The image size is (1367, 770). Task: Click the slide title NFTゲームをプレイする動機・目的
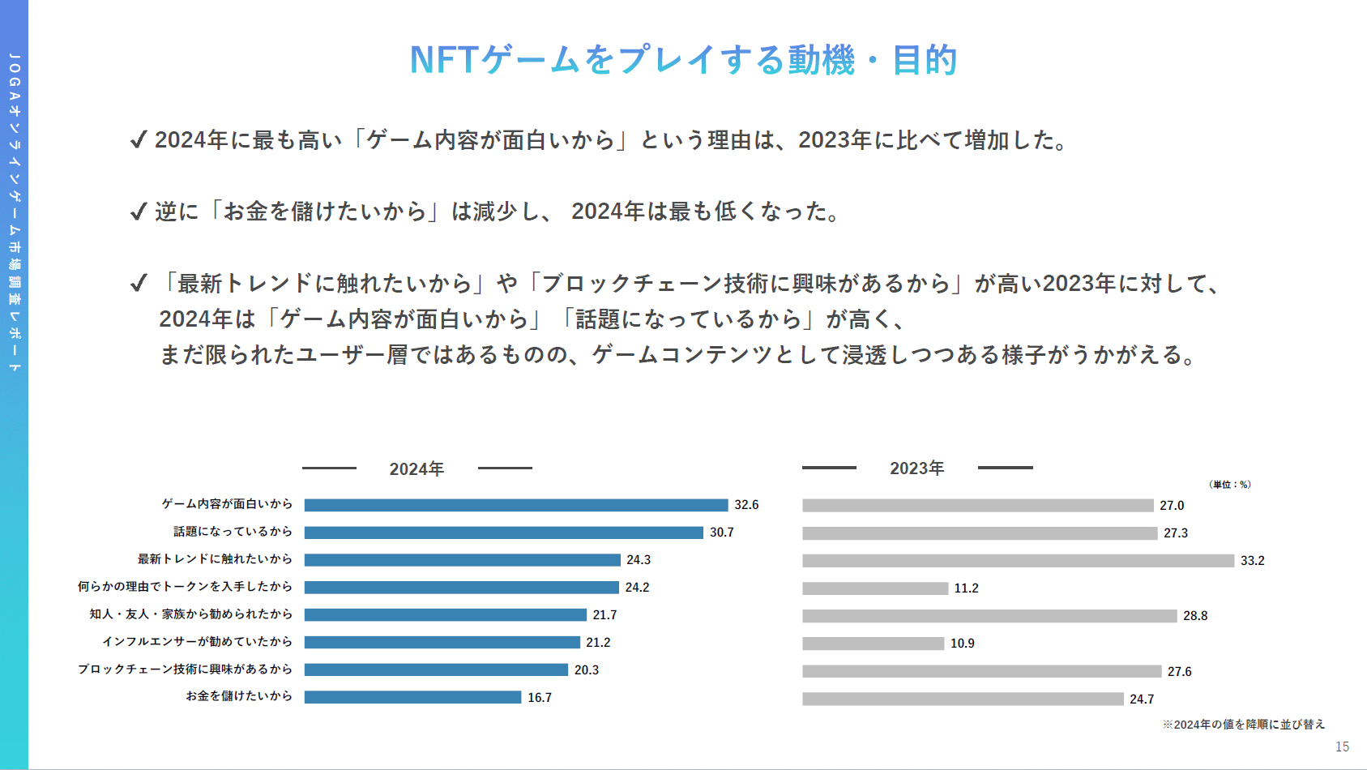[683, 60]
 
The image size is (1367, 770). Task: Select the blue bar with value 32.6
[516, 505]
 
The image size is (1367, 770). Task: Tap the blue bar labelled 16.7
[412, 697]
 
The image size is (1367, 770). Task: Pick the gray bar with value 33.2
[1018, 561]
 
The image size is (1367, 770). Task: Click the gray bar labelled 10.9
[873, 644]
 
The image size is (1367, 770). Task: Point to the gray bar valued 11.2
[875, 588]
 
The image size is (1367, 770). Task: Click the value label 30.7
[721, 533]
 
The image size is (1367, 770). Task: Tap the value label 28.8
[1194, 616]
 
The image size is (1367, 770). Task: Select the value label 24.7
[1142, 699]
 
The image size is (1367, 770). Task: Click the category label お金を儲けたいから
[239, 696]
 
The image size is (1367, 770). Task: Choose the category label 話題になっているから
[233, 532]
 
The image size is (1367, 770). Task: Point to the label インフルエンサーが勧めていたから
[197, 642]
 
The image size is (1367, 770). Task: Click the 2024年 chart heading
[417, 468]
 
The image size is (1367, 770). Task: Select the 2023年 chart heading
[916, 468]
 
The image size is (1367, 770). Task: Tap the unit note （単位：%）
[1229, 485]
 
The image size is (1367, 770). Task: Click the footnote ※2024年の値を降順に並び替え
[1244, 725]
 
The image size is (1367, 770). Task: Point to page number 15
[1342, 746]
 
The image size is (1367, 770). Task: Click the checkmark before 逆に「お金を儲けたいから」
[139, 212]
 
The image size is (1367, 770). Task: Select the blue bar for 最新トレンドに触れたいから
[462, 560]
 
